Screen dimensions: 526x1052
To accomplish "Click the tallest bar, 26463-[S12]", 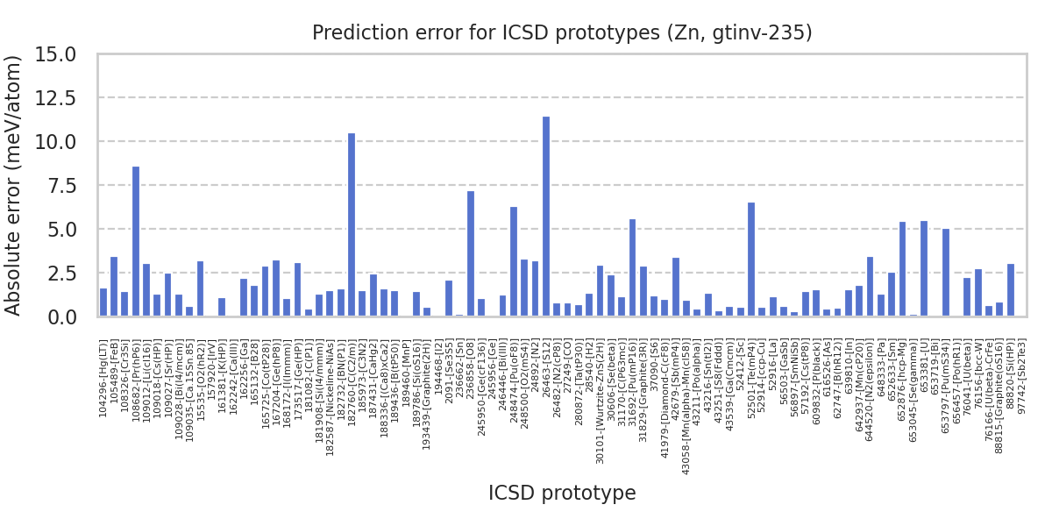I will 546,217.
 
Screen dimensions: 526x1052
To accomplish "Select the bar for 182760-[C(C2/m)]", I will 352,224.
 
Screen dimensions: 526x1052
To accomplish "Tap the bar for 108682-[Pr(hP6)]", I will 136,241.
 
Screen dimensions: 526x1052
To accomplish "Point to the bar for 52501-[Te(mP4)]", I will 751,259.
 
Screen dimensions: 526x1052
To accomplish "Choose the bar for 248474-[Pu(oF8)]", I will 514,261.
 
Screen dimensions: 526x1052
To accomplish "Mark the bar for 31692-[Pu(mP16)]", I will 632,267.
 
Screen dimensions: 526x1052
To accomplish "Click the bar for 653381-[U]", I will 924,268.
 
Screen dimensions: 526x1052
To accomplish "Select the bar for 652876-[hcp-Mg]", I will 902,269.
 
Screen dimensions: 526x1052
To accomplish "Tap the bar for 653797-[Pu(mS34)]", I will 946,273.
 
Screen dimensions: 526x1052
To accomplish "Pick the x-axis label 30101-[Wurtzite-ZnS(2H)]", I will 601,389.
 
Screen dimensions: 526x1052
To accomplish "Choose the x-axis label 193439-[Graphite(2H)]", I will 427,390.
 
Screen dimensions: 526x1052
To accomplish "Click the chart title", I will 562,33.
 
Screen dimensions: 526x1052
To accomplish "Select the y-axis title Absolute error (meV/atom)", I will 15,185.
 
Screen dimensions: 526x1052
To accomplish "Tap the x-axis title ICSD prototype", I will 562,493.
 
